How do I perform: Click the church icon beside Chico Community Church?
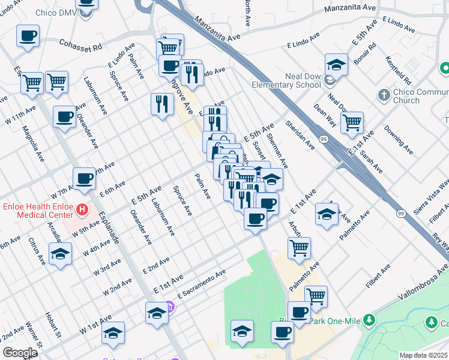(384, 95)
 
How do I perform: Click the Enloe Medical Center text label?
(35, 211)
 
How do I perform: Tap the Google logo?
(20, 353)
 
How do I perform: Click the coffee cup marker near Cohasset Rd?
(28, 37)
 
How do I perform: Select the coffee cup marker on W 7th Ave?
(85, 178)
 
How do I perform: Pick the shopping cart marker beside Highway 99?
(352, 123)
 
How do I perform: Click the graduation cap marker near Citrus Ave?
(60, 254)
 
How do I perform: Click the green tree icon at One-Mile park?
(371, 320)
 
